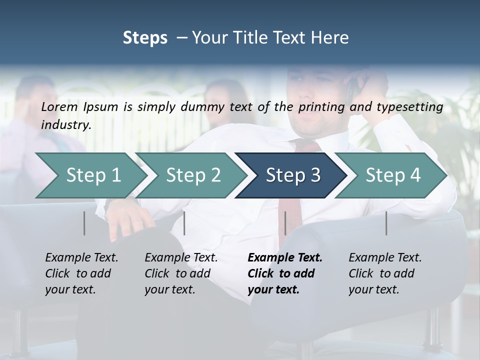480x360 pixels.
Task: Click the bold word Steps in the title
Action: coord(145,38)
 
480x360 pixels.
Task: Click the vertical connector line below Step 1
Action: coord(84,223)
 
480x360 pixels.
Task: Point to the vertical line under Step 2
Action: coord(184,223)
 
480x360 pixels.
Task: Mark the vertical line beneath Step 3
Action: coord(285,223)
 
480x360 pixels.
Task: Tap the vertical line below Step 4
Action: coord(386,223)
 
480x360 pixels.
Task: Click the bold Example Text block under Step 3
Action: coord(285,273)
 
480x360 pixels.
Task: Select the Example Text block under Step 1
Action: coord(81,273)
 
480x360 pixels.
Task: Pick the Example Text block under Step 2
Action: coord(181,273)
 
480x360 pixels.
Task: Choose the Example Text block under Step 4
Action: coord(385,273)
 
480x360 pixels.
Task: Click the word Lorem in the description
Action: coord(59,106)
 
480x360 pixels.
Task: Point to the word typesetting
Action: coord(411,107)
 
